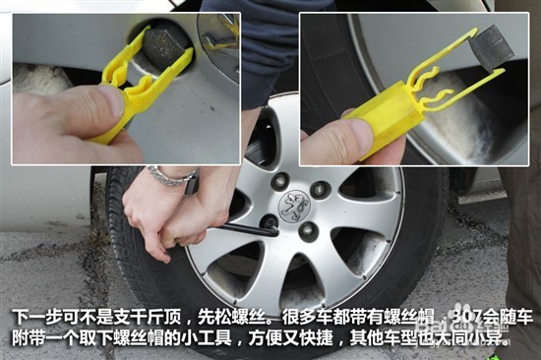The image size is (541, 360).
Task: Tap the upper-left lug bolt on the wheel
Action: click(x=279, y=181)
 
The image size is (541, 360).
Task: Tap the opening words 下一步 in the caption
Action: click(x=31, y=317)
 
